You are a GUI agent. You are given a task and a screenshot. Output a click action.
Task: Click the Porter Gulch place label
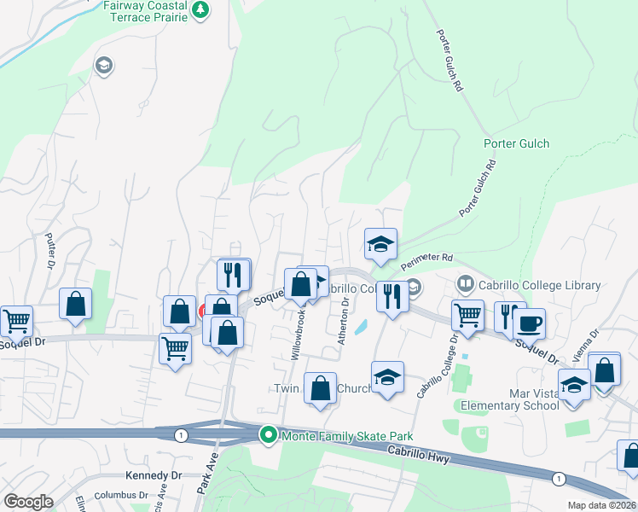click(516, 143)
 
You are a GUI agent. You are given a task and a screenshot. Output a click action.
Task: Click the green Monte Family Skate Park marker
click(268, 435)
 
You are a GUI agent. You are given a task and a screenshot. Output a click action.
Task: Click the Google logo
click(28, 502)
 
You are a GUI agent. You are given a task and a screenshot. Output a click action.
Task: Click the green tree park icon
click(201, 9)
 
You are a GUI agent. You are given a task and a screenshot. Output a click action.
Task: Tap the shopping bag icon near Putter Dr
click(76, 305)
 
